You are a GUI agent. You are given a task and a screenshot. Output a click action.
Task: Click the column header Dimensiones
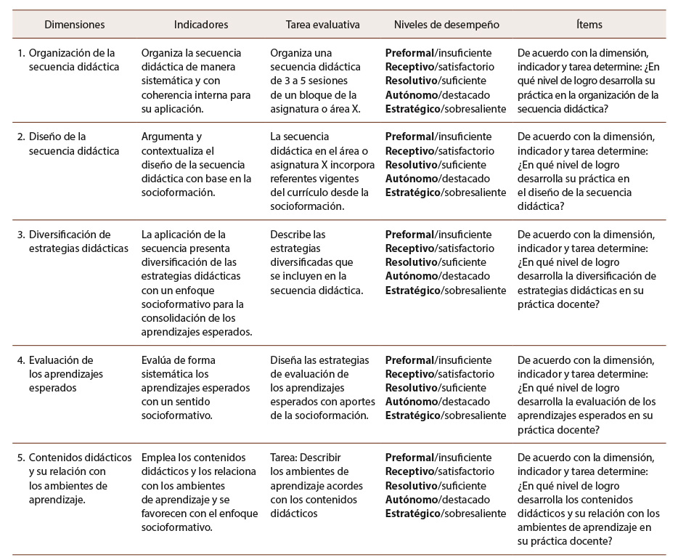pyautogui.click(x=75, y=24)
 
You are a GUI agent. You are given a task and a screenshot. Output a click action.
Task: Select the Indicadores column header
pyautogui.click(x=201, y=24)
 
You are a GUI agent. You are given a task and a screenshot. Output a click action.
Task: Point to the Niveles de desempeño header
pyautogui.click(x=446, y=24)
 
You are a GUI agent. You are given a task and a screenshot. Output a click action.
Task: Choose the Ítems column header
pyautogui.click(x=589, y=24)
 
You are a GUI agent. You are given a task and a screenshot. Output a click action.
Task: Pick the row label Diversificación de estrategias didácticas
pyautogui.click(x=70, y=242)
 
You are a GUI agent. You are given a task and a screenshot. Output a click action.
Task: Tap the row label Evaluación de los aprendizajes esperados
pyautogui.click(x=65, y=374)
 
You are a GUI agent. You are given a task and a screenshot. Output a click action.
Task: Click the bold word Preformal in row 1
pyautogui.click(x=409, y=53)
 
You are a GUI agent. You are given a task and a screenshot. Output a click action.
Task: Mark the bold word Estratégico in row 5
pyautogui.click(x=412, y=514)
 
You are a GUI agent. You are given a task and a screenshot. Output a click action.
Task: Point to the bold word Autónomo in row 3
pyautogui.click(x=411, y=276)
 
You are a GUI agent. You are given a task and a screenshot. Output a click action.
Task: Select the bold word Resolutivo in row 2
pyautogui.click(x=412, y=164)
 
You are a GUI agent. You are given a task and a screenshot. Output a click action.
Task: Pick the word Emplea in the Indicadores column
pyautogui.click(x=160, y=458)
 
